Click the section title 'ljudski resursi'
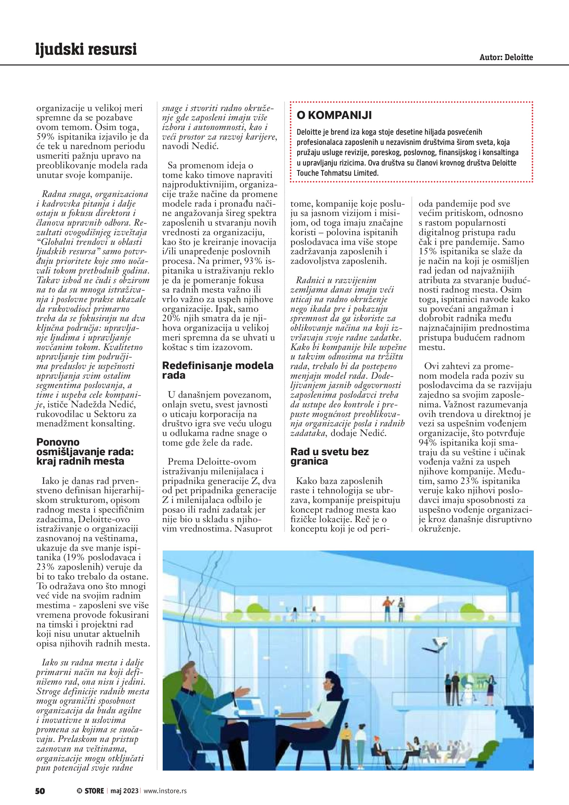click(86, 50)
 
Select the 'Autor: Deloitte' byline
click(506, 57)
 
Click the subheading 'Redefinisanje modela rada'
click(217, 370)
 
